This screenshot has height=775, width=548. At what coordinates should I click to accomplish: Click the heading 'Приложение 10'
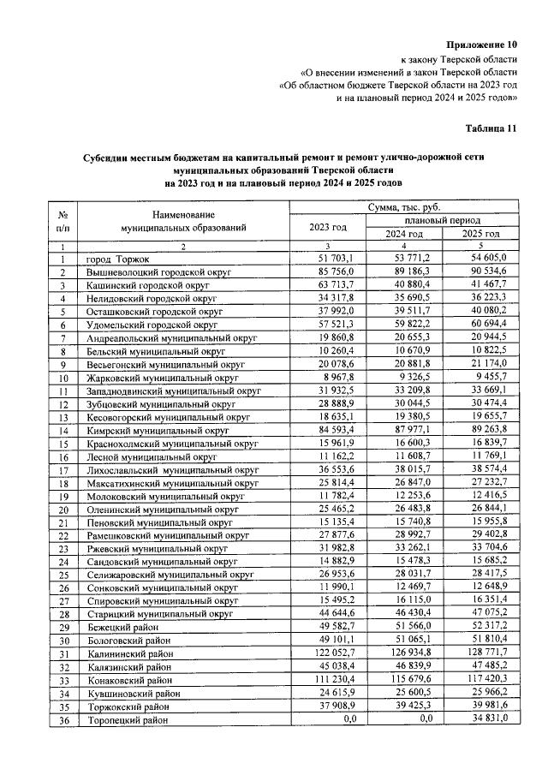point(483,44)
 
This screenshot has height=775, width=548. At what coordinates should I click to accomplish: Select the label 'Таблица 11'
point(491,128)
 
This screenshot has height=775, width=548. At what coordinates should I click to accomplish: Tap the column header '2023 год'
point(328,227)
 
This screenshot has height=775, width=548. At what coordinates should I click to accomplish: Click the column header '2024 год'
point(403,234)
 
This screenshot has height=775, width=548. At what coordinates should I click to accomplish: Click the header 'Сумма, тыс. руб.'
point(404,207)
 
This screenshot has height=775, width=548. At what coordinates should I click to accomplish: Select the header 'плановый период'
point(442,221)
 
